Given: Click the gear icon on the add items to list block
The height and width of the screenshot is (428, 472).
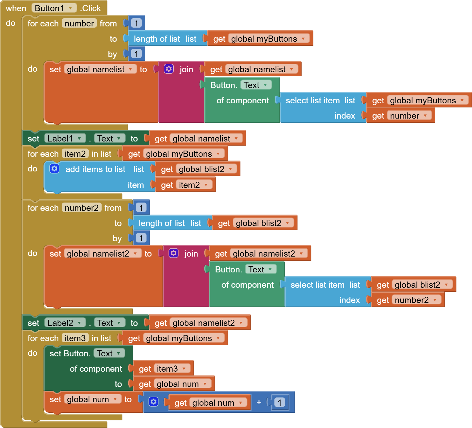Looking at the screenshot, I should pyautogui.click(x=54, y=169).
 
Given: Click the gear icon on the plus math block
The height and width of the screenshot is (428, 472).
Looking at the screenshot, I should pyautogui.click(x=154, y=402).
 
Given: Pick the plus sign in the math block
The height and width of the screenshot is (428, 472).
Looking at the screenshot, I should pyautogui.click(x=259, y=402).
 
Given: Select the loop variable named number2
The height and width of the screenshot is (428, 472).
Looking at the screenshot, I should pyautogui.click(x=82, y=208).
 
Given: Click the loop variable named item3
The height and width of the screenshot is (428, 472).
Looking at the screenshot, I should pyautogui.click(x=75, y=338).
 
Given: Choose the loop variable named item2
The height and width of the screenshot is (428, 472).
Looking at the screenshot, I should pyautogui.click(x=75, y=154).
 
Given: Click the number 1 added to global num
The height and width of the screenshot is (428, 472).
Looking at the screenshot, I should pyautogui.click(x=279, y=402).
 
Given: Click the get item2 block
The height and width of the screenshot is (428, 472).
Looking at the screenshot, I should pyautogui.click(x=185, y=185).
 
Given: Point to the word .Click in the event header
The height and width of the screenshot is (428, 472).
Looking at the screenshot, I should pyautogui.click(x=90, y=8).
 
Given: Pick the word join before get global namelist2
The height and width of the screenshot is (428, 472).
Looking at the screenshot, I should pyautogui.click(x=191, y=254).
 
